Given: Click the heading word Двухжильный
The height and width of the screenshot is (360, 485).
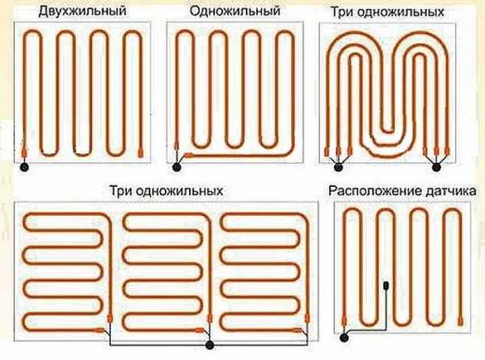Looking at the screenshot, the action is click(x=83, y=11).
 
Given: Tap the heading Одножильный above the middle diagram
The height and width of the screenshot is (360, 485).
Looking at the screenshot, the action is click(x=235, y=11).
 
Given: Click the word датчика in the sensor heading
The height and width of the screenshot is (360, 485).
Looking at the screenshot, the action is click(x=451, y=191).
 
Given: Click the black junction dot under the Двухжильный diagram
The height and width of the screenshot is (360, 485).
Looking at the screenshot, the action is click(x=24, y=167).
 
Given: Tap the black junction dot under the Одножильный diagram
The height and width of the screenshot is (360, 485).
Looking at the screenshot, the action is click(x=176, y=167).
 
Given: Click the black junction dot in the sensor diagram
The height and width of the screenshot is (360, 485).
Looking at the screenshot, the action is click(x=344, y=337).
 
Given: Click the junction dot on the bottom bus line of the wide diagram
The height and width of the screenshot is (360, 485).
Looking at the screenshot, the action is click(x=209, y=345).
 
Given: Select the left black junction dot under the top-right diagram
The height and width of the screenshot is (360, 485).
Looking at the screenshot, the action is click(x=339, y=167).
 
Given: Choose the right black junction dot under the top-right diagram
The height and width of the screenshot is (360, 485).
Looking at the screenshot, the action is click(x=436, y=167).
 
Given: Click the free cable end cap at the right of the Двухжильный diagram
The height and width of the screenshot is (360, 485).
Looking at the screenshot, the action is click(x=141, y=153).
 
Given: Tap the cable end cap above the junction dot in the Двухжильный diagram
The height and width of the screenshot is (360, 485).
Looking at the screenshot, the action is click(x=24, y=151).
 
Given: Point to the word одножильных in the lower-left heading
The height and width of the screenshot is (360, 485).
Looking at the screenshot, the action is click(x=179, y=191).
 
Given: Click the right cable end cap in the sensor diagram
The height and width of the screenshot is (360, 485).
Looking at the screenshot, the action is click(x=461, y=320).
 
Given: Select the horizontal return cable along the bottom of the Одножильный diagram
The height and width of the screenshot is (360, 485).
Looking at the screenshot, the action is click(x=238, y=155).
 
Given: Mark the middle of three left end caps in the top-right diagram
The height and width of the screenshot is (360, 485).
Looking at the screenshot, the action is click(x=338, y=151).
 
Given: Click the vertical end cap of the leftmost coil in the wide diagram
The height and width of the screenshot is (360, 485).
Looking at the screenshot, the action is click(x=110, y=319).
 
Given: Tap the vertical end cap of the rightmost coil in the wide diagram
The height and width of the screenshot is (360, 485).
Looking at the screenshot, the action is click(x=307, y=319).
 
